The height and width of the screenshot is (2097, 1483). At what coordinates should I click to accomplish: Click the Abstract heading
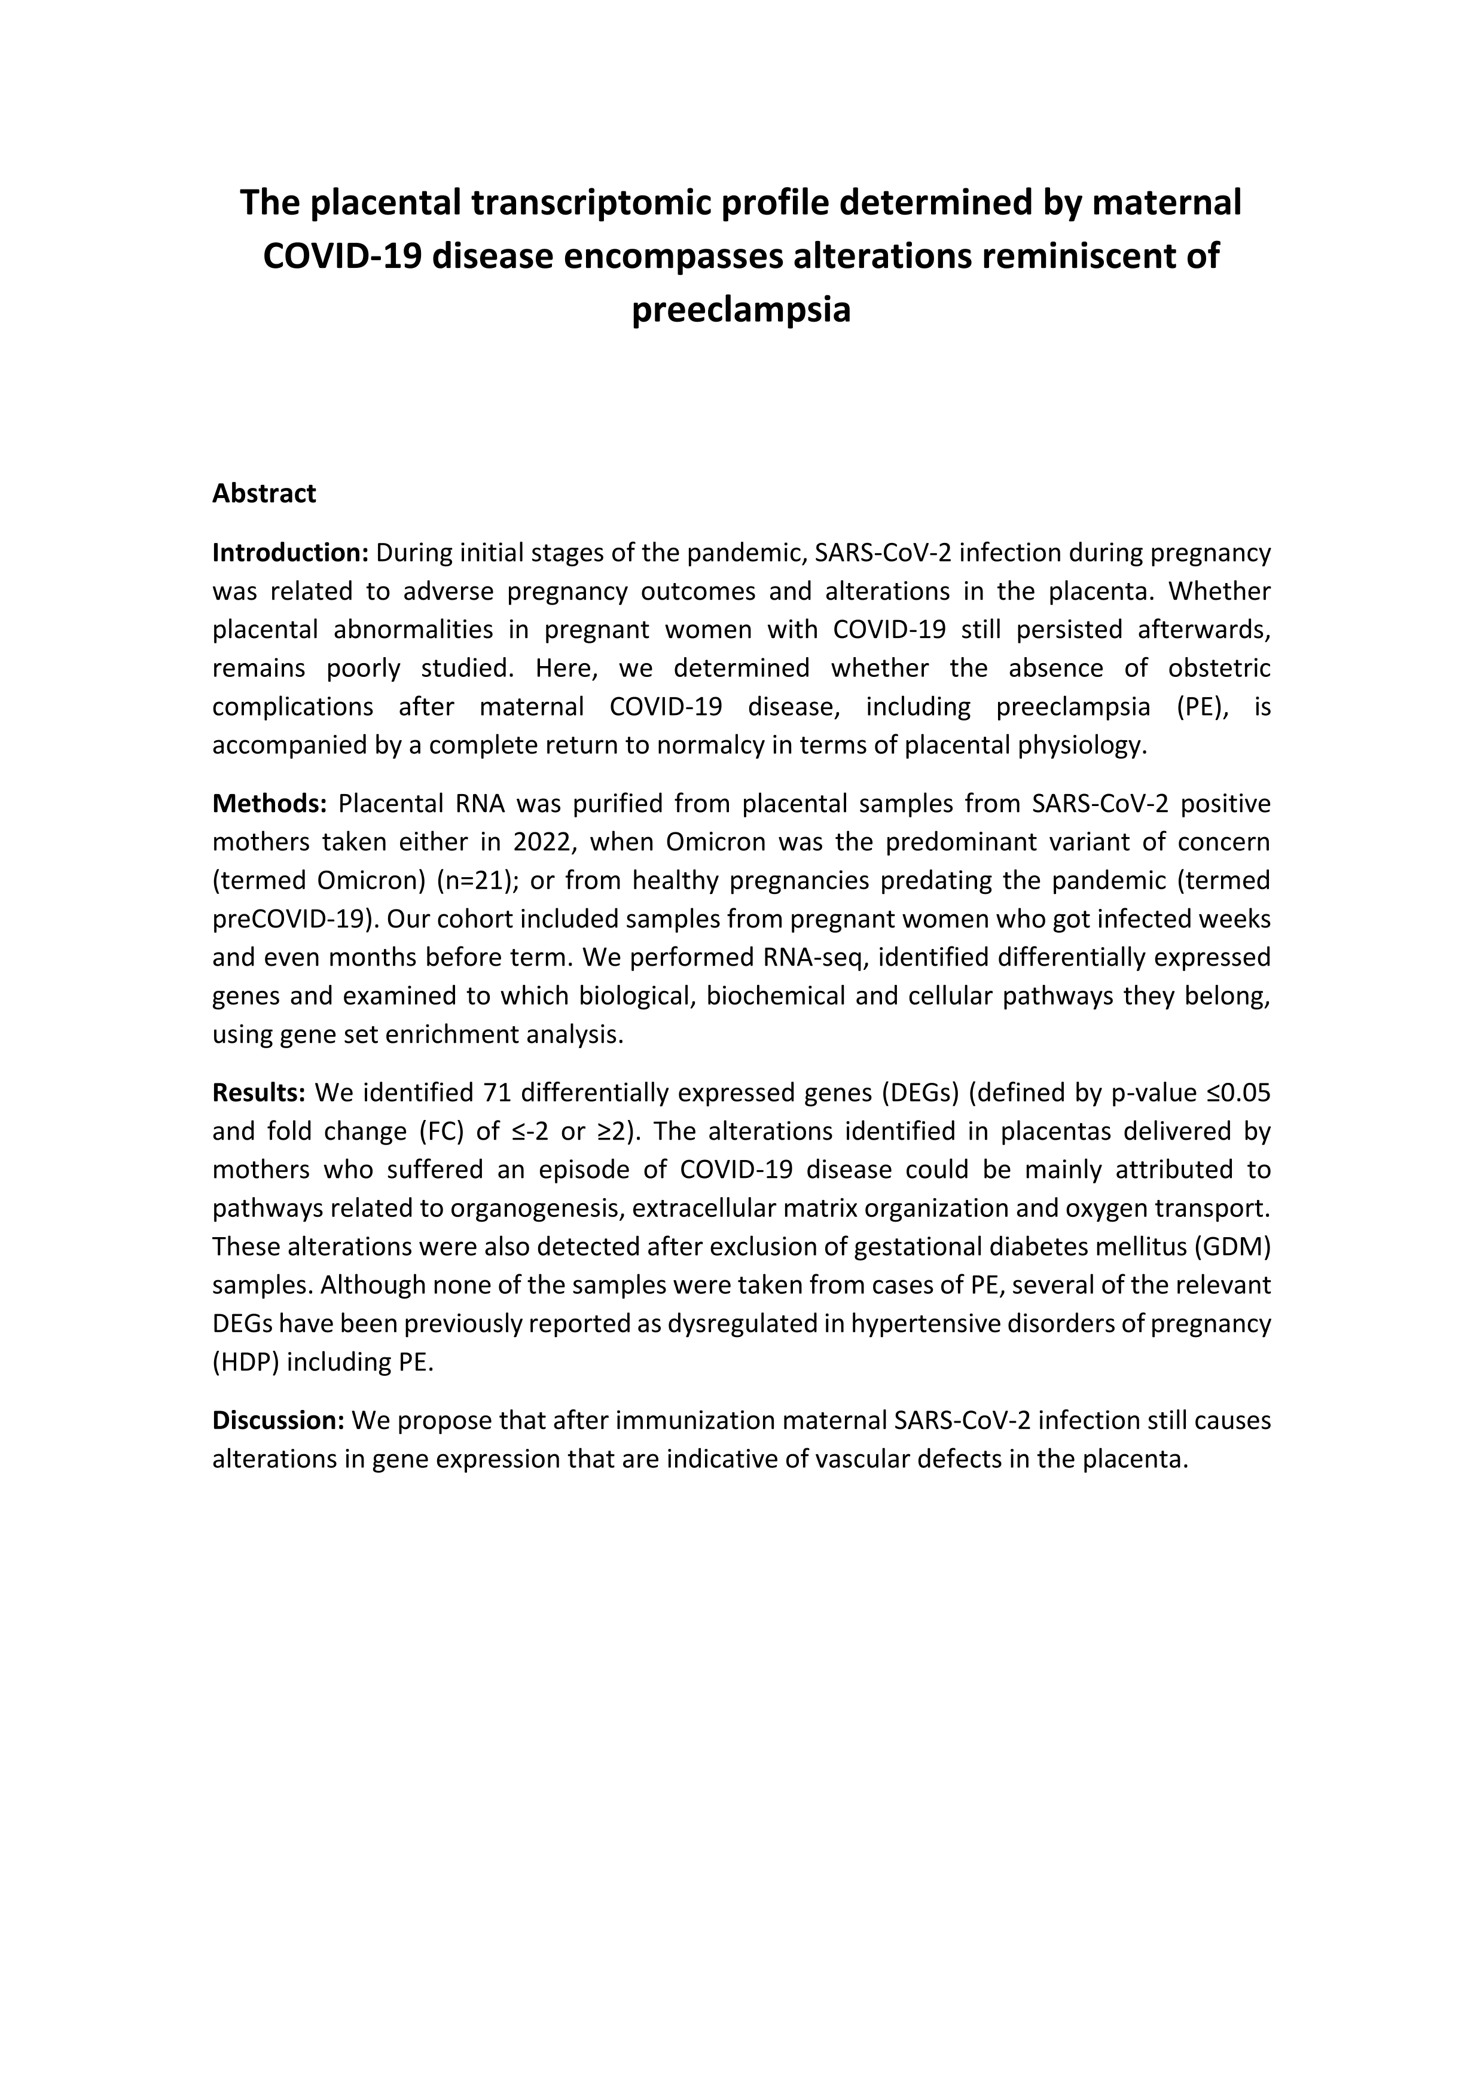point(264,493)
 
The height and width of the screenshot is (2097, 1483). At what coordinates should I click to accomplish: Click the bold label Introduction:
point(289,553)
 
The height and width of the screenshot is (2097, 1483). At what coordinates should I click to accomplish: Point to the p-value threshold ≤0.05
point(1232,1092)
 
